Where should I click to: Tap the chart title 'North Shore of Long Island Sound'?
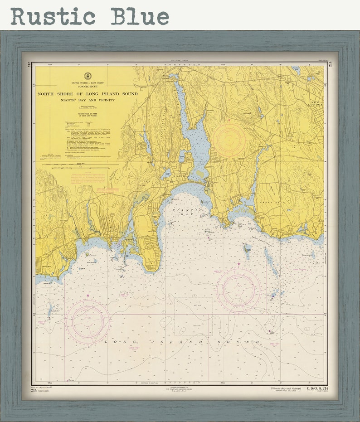click(x=88, y=94)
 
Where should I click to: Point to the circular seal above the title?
click(x=88, y=76)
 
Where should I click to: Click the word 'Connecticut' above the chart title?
click(x=88, y=87)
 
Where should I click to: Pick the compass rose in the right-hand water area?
click(x=238, y=289)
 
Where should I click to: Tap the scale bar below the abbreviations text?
click(x=77, y=168)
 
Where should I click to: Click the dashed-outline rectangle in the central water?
click(x=194, y=316)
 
